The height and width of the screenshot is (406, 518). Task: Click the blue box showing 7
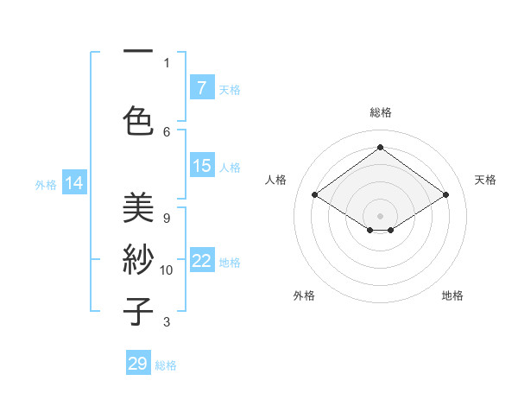point(202,88)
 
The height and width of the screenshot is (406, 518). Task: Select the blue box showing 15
point(202,166)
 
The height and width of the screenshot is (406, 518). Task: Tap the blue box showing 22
point(202,261)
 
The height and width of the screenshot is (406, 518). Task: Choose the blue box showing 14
point(74,183)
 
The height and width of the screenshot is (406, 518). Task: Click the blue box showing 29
point(138,364)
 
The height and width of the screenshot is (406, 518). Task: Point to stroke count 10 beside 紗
point(167,270)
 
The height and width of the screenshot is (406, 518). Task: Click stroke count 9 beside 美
point(167,218)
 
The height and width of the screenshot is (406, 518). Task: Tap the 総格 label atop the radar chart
point(380,112)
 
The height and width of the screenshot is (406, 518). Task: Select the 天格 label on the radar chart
point(485,180)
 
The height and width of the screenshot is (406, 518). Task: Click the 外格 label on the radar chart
point(304,295)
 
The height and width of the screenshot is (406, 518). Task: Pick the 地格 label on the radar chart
point(452,295)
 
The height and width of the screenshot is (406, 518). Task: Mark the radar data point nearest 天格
point(445,195)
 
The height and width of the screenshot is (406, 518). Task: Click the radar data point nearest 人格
point(315,195)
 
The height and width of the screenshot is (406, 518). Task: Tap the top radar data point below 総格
point(380,148)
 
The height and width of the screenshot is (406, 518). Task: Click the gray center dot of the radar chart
point(380,214)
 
